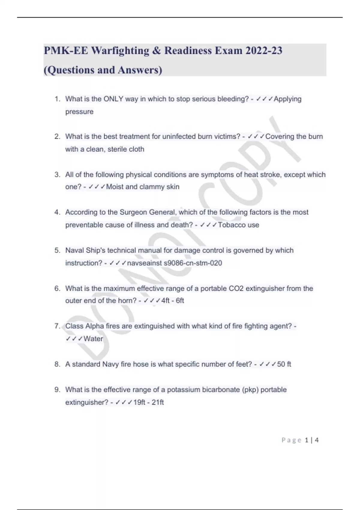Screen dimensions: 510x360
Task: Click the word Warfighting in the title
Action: click(x=120, y=51)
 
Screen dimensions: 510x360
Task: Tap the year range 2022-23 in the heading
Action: click(x=264, y=51)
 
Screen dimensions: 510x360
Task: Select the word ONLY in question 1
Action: click(x=113, y=99)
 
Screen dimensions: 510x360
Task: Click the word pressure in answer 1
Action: click(x=79, y=112)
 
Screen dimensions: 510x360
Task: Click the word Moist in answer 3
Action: click(x=115, y=187)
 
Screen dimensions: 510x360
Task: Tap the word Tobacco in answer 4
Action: click(x=230, y=225)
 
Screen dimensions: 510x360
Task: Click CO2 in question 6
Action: click(x=236, y=289)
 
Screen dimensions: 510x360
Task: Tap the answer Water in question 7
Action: click(x=93, y=339)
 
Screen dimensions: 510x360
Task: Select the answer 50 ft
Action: click(x=284, y=364)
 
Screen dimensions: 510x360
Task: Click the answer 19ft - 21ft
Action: click(x=148, y=402)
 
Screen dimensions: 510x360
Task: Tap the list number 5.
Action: click(x=57, y=250)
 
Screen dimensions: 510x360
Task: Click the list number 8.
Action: click(x=57, y=364)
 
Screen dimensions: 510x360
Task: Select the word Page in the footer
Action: click(x=291, y=440)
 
